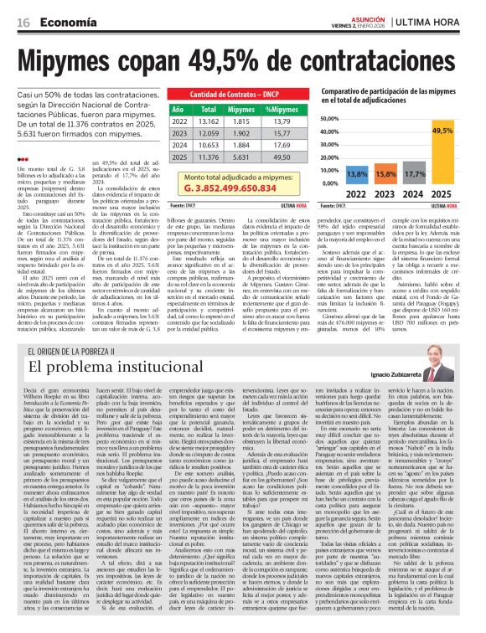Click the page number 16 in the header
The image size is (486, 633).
click(x=23, y=22)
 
